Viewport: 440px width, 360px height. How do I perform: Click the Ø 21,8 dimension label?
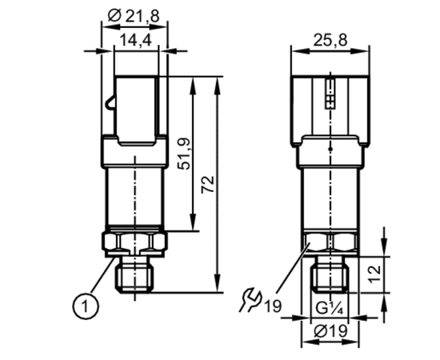pyautogui.click(x=134, y=16)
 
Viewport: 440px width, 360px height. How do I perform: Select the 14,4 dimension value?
pyautogui.click(x=136, y=40)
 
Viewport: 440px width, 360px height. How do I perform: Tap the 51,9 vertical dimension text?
pyautogui.click(x=185, y=154)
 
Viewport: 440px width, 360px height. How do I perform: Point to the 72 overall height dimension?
pyautogui.click(x=208, y=184)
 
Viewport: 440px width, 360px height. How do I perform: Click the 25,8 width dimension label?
pyautogui.click(x=330, y=40)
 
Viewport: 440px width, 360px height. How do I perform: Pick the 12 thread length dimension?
pyautogui.click(x=374, y=274)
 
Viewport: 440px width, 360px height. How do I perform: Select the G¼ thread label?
pyautogui.click(x=329, y=309)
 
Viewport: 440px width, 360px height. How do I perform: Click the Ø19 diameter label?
pyautogui.click(x=330, y=331)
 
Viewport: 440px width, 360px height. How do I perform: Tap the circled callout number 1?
pyautogui.click(x=86, y=306)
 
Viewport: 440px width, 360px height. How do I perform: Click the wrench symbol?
pyautogui.click(x=250, y=300)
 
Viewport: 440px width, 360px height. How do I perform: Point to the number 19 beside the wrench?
pyautogui.click(x=273, y=306)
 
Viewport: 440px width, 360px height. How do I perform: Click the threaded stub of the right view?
pyautogui.click(x=330, y=275)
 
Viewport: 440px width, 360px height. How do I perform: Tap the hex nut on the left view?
pyautogui.click(x=135, y=242)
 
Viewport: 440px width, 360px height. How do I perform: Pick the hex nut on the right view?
pyautogui.click(x=330, y=241)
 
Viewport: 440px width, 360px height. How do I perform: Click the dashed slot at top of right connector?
pyautogui.click(x=330, y=94)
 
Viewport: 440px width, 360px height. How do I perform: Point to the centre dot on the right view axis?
pyautogui.click(x=330, y=149)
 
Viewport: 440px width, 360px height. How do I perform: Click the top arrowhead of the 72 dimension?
pyautogui.click(x=217, y=83)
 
